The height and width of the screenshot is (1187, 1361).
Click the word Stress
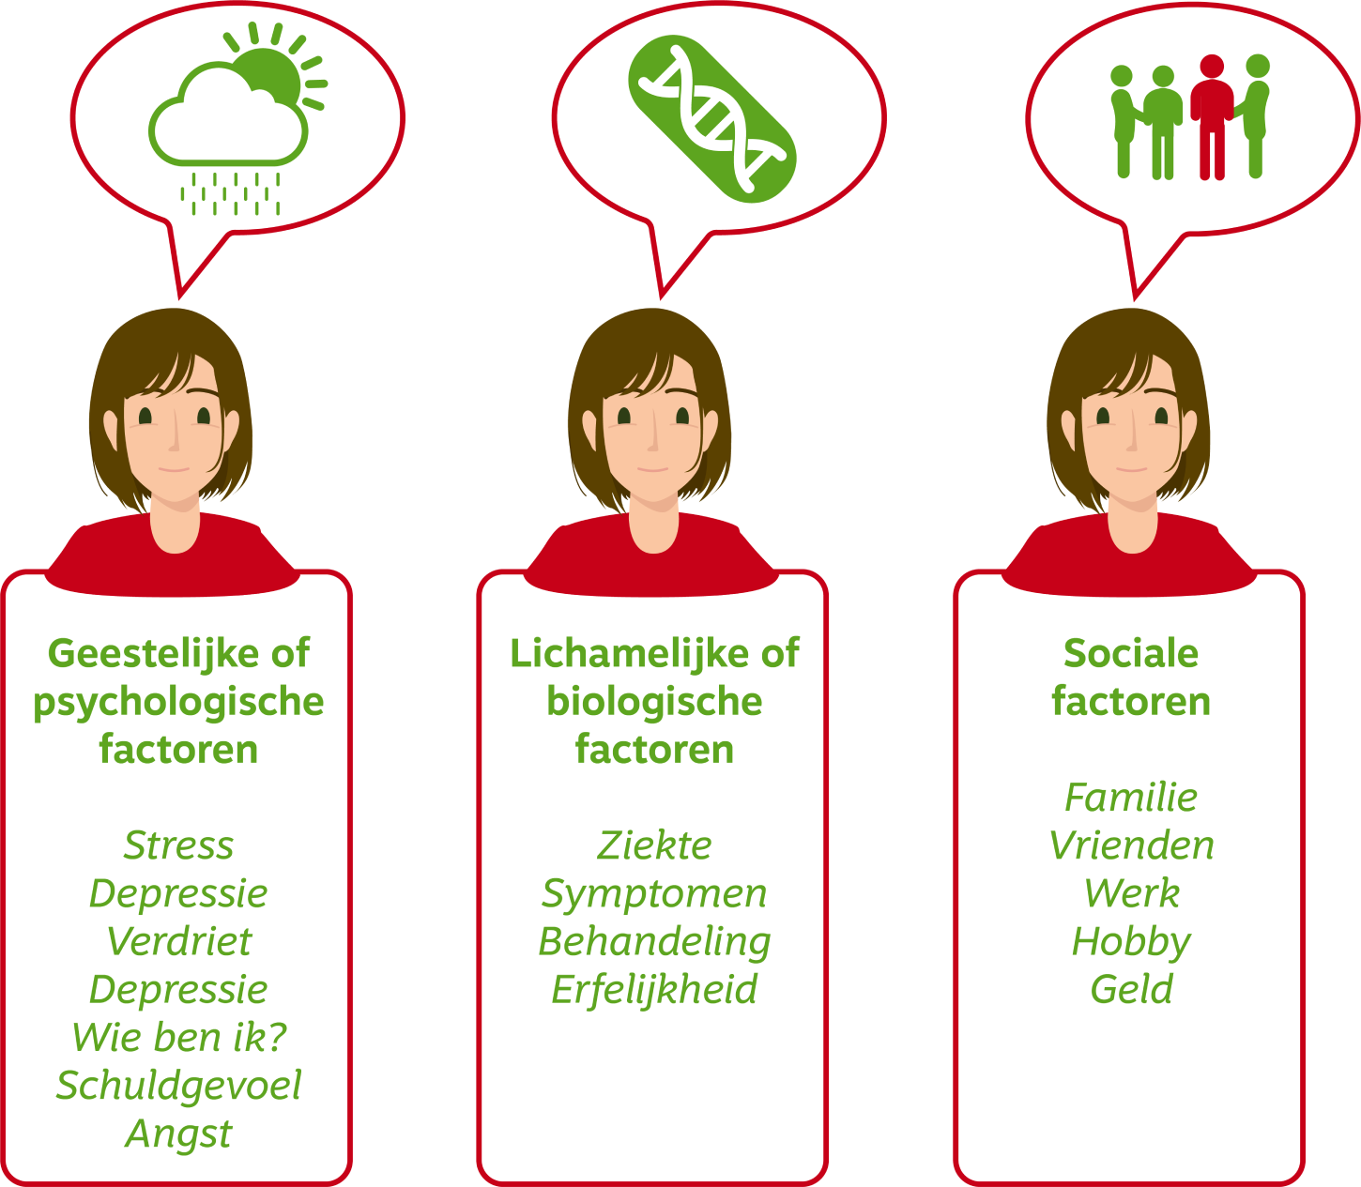[x=178, y=845]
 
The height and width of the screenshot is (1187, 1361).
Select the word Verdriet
[x=178, y=941]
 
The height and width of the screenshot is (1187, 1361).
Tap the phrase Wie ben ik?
[x=178, y=1037]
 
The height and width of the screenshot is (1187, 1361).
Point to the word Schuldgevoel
[x=178, y=1085]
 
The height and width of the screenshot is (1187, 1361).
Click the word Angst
[x=178, y=1134]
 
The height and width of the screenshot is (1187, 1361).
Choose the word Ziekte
[x=654, y=845]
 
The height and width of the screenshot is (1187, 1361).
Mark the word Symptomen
[x=654, y=893]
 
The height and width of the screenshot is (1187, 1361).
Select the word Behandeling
[x=654, y=941]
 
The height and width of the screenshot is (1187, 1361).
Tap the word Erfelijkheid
[x=654, y=989]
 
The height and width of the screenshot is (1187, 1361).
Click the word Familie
[x=1131, y=798]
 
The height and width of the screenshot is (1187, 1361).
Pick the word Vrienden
[x=1131, y=845]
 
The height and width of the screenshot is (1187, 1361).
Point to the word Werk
[x=1131, y=893]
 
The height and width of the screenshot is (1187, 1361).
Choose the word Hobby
[x=1131, y=941]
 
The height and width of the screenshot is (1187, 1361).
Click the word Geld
[x=1131, y=989]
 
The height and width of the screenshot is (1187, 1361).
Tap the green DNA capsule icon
[x=711, y=118]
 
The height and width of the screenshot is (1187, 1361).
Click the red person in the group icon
[x=1212, y=117]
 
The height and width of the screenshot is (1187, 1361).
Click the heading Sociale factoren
[x=1131, y=677]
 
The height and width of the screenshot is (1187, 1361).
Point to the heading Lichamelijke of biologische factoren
[x=654, y=701]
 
